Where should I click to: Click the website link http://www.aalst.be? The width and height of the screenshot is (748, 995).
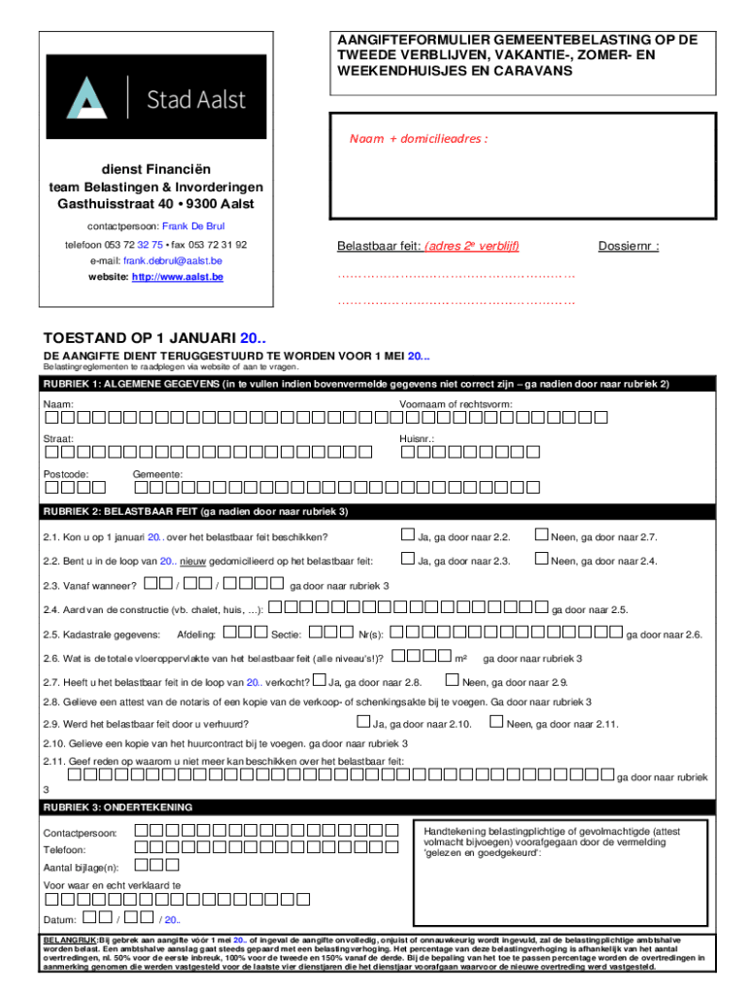click(x=178, y=277)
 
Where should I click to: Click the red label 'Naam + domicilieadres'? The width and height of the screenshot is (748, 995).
click(x=419, y=138)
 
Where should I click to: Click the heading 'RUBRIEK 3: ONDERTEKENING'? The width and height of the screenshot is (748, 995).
click(x=118, y=807)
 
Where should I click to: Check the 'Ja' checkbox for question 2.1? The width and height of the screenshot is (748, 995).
click(x=408, y=535)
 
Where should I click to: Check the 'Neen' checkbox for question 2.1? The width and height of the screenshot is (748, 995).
click(x=541, y=535)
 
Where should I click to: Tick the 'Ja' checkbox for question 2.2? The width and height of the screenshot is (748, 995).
click(x=408, y=560)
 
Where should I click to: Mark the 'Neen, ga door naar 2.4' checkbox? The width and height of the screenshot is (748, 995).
click(x=541, y=560)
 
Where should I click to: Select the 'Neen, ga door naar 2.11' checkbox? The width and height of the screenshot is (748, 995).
click(x=496, y=722)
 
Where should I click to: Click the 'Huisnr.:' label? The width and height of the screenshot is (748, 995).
click(x=417, y=438)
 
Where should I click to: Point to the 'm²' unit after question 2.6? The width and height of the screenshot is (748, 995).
click(x=461, y=658)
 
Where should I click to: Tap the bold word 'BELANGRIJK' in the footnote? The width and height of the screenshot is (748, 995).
click(x=69, y=942)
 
